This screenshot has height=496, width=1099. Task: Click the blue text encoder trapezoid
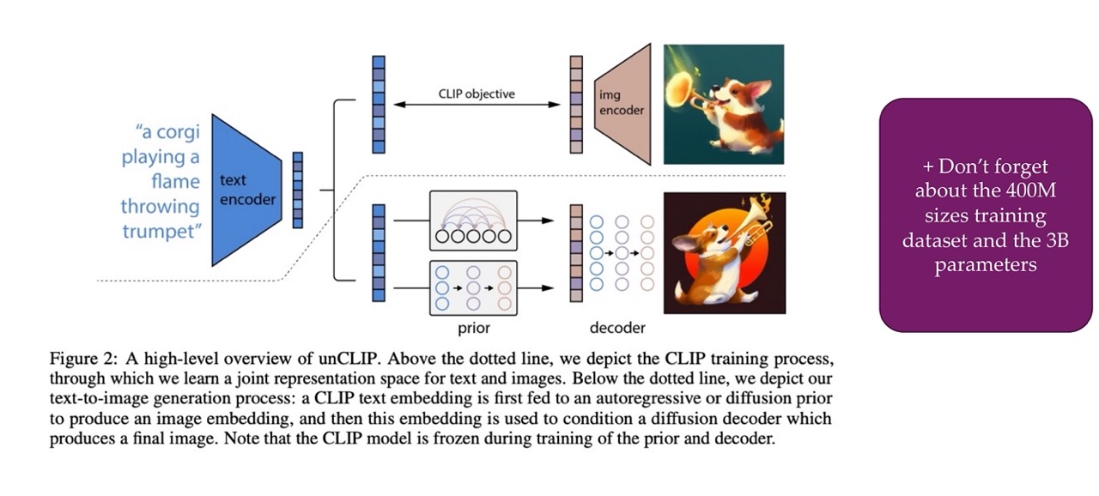[x=246, y=191]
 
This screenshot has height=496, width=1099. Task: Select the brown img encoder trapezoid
[x=622, y=104]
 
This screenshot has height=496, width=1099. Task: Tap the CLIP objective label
[x=477, y=94]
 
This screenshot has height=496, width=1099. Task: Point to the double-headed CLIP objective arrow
[x=477, y=105]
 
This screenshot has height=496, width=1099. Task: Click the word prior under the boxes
[x=473, y=328]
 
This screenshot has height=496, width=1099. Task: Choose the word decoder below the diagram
[x=617, y=328]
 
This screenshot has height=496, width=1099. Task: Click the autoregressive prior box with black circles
[x=473, y=221]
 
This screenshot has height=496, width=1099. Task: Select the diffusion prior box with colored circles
[x=473, y=287]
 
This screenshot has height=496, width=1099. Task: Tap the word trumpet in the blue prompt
[x=161, y=232]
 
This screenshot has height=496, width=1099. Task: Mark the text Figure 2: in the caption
[x=83, y=359]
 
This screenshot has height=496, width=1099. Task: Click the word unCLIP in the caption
[x=349, y=359]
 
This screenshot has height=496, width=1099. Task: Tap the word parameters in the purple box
[x=985, y=265]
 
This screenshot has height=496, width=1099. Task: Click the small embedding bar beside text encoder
[x=297, y=191]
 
